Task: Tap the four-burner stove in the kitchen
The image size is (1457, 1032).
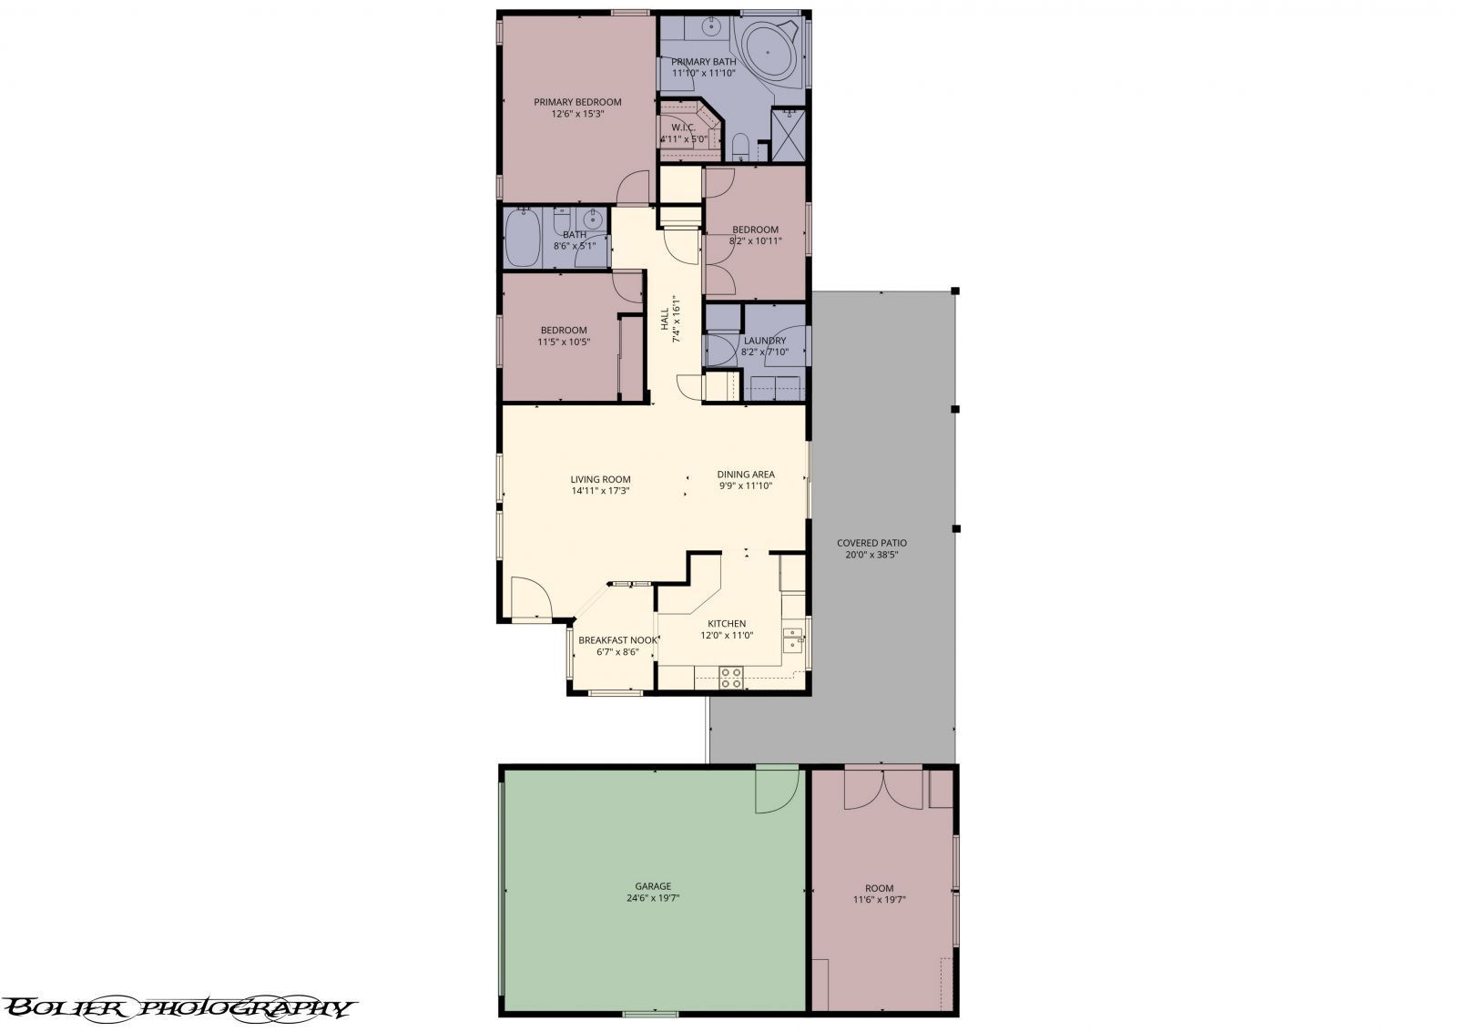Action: pyautogui.click(x=730, y=677)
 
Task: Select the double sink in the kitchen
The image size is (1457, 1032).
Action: pyautogui.click(x=793, y=640)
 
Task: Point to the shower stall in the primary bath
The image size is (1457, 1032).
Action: pyautogui.click(x=789, y=135)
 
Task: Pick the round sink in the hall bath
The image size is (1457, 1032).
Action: pyautogui.click(x=594, y=219)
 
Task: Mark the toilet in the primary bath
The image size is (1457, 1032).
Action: pyautogui.click(x=740, y=147)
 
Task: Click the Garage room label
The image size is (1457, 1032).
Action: pyautogui.click(x=653, y=886)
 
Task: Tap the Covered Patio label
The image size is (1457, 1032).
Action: pyautogui.click(x=871, y=543)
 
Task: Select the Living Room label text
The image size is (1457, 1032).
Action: pyautogui.click(x=600, y=479)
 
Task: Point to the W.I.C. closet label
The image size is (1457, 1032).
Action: pyautogui.click(x=683, y=127)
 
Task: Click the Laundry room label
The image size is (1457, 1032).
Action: pyautogui.click(x=765, y=341)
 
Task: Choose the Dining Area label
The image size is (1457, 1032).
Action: pyautogui.click(x=746, y=474)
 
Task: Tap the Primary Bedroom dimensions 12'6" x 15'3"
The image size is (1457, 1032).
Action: pyautogui.click(x=577, y=115)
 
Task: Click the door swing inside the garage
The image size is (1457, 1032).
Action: pyautogui.click(x=776, y=790)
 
